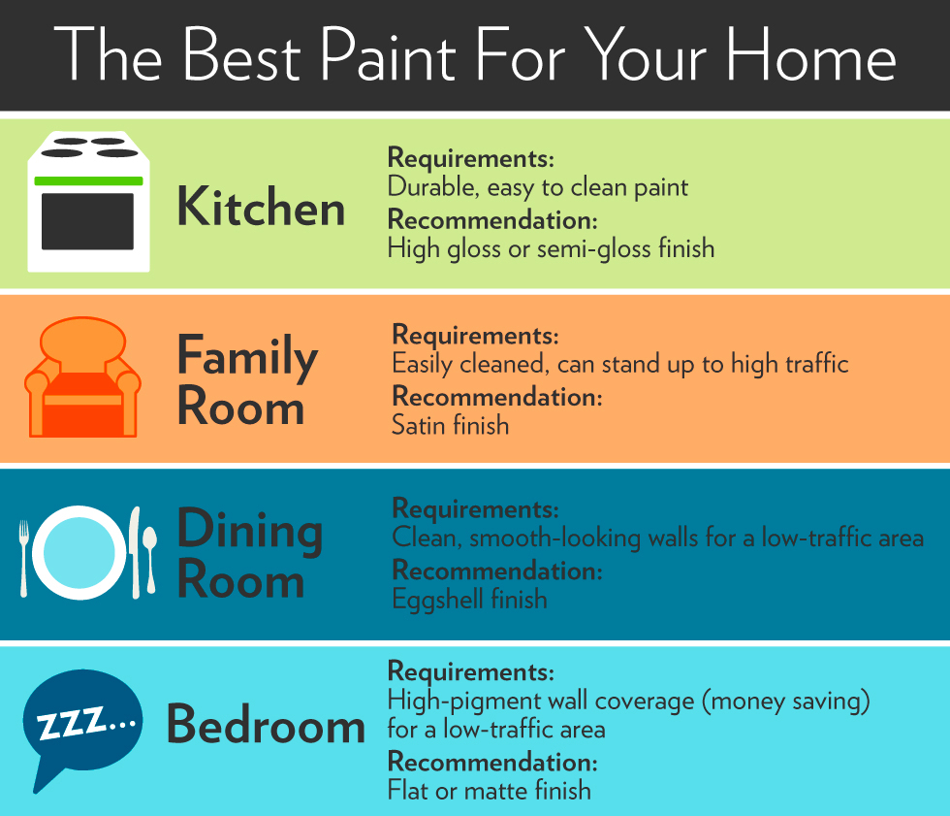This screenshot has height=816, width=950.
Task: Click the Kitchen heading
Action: click(x=261, y=207)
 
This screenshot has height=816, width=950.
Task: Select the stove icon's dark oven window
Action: click(x=87, y=221)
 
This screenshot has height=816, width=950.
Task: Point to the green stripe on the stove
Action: click(x=88, y=180)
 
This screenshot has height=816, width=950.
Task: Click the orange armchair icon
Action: click(x=82, y=378)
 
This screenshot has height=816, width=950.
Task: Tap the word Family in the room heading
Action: click(x=247, y=358)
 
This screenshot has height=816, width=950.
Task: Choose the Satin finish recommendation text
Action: click(x=450, y=424)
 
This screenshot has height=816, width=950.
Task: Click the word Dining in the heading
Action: click(x=249, y=531)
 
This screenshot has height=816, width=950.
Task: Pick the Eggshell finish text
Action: click(x=469, y=599)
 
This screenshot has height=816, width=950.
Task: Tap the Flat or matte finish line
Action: click(x=489, y=790)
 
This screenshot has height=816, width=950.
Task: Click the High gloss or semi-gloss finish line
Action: click(x=551, y=248)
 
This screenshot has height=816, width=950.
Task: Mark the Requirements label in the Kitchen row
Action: click(x=470, y=157)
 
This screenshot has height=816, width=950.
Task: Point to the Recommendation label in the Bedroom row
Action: click(x=492, y=761)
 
